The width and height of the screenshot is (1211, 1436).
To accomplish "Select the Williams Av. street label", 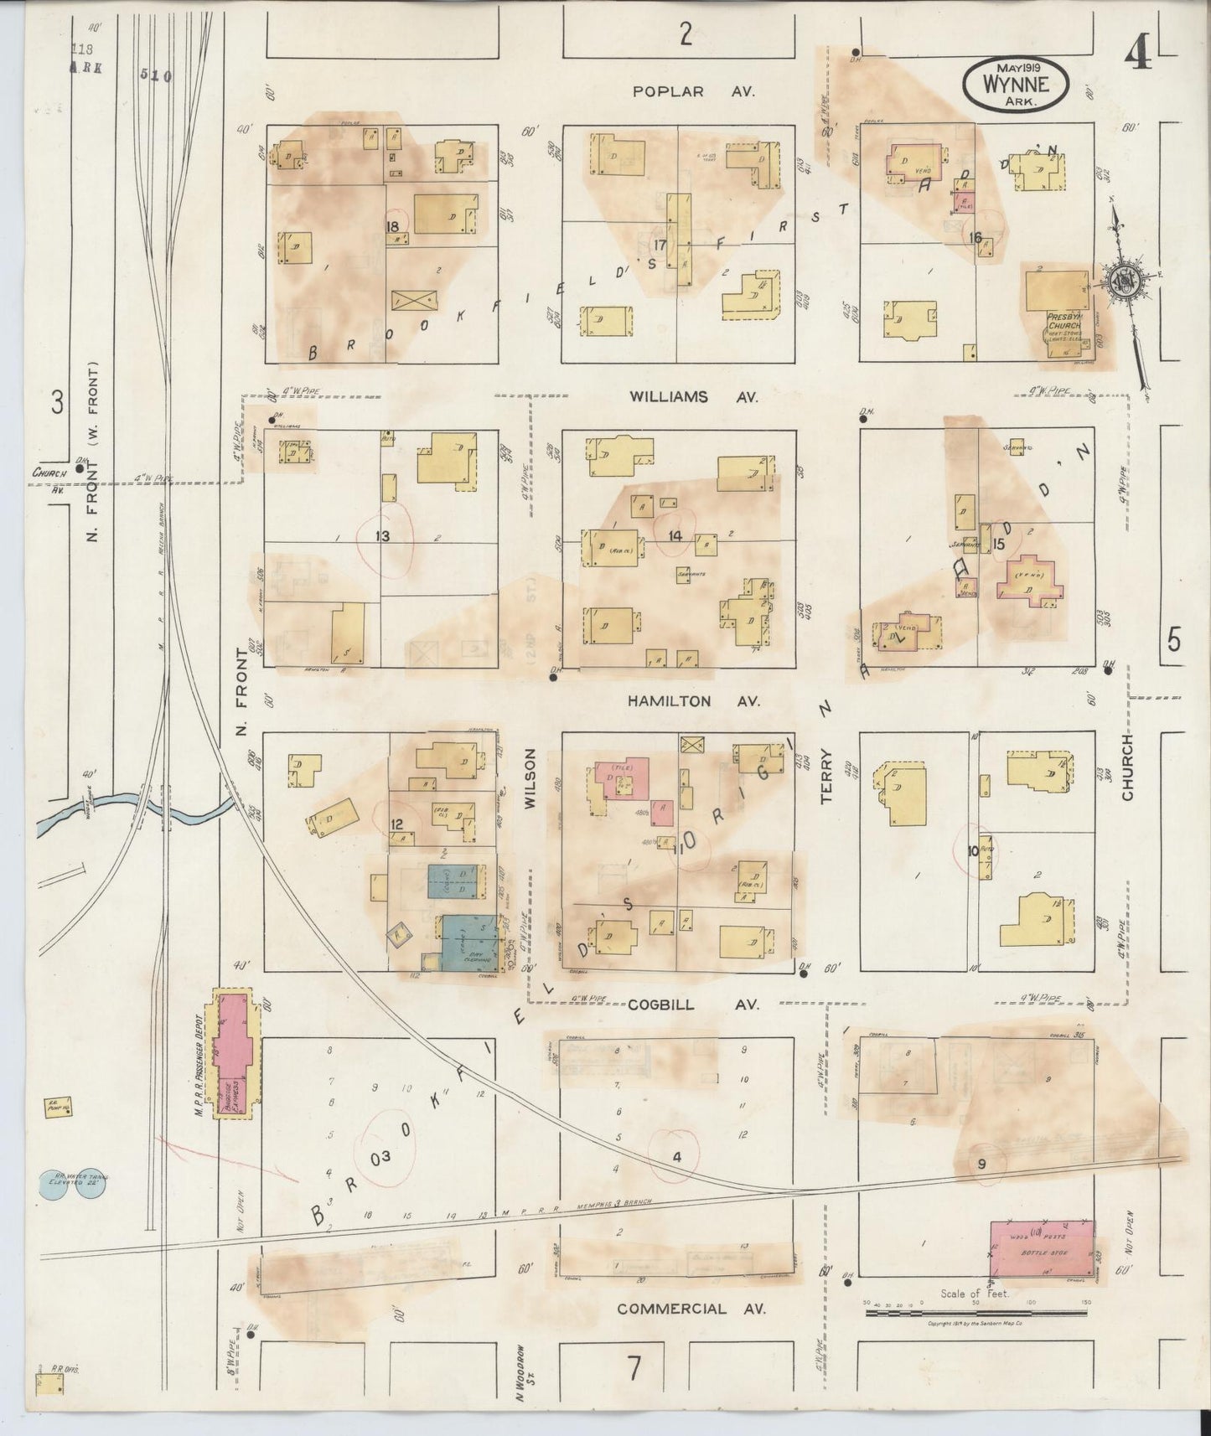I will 693,398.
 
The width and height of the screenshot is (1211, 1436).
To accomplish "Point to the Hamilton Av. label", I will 693,702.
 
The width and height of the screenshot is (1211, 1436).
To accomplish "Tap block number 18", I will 391,226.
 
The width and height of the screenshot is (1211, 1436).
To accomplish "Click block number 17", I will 660,245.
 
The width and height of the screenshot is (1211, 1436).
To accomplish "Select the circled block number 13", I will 383,536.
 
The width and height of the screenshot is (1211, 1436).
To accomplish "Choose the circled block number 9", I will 981,1164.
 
